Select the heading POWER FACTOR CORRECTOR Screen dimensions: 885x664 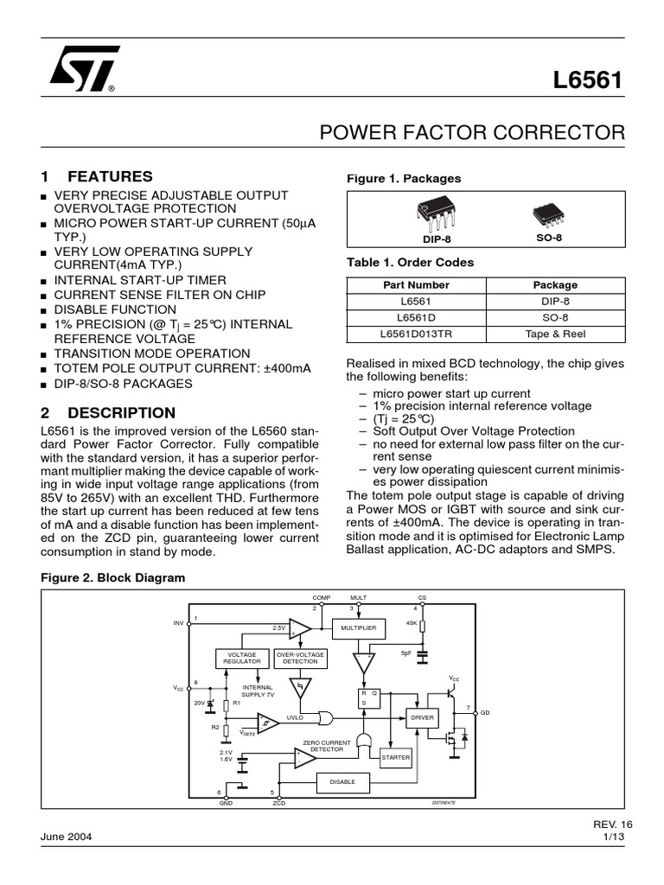[472, 133]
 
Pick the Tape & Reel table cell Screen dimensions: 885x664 [555, 332]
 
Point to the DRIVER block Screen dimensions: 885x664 [423, 718]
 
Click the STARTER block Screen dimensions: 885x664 [395, 757]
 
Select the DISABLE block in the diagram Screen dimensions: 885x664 [344, 782]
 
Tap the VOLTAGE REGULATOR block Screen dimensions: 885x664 [241, 659]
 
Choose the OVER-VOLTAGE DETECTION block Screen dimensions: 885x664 [300, 659]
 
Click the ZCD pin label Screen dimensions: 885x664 [278, 803]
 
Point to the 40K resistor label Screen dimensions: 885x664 [412, 622]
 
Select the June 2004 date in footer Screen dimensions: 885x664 [67, 837]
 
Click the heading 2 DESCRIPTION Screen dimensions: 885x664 [108, 412]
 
